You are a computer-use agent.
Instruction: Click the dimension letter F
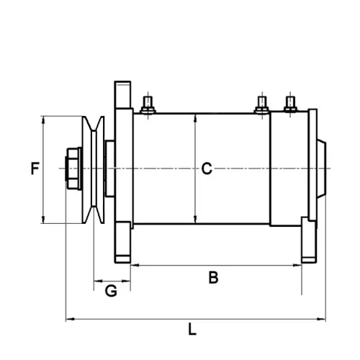pyautogui.click(x=34, y=170)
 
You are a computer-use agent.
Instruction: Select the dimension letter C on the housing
pyautogui.click(x=206, y=169)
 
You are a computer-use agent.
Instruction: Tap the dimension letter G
pyautogui.click(x=111, y=291)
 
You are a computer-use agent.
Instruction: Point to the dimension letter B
pyautogui.click(x=213, y=278)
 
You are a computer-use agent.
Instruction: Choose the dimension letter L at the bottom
pyautogui.click(x=192, y=330)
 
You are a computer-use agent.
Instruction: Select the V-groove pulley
pyautogui.click(x=93, y=169)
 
